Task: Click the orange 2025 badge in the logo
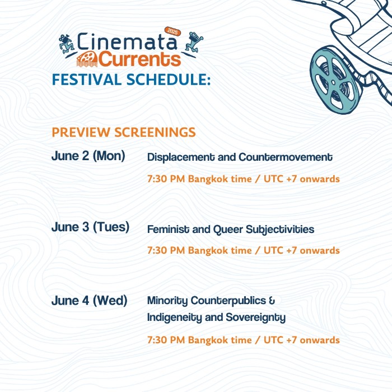pyautogui.click(x=172, y=32)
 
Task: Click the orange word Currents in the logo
pyautogui.click(x=139, y=59)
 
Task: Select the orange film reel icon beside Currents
pyautogui.click(x=87, y=59)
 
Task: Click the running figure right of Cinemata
pyautogui.click(x=194, y=42)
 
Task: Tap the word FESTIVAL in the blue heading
pyautogui.click(x=86, y=80)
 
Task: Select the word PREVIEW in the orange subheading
pyautogui.click(x=81, y=132)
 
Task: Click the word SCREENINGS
pyautogui.click(x=155, y=132)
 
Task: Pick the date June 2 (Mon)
pyautogui.click(x=88, y=156)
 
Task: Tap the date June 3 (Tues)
pyautogui.click(x=90, y=227)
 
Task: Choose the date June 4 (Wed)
pyautogui.click(x=89, y=301)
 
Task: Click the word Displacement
pyautogui.click(x=181, y=157)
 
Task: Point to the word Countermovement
pyautogui.click(x=286, y=157)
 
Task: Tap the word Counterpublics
pyautogui.click(x=228, y=301)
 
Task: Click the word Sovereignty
pyautogui.click(x=255, y=318)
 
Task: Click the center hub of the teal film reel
pyautogui.click(x=333, y=82)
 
